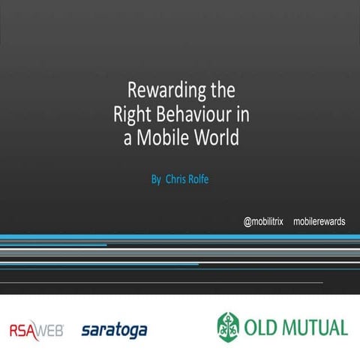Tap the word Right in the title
(130, 115)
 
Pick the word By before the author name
(156, 180)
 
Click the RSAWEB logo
(37, 329)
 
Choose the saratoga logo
(114, 329)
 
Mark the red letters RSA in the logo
(23, 329)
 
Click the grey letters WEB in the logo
(51, 329)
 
